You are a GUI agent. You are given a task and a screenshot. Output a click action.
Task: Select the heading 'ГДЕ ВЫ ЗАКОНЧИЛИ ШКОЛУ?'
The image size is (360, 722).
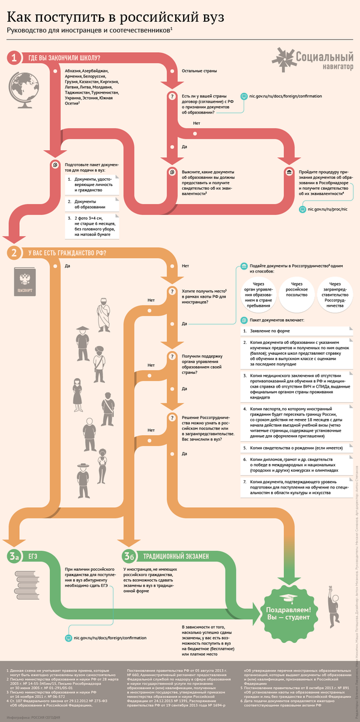click(x=64, y=58)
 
